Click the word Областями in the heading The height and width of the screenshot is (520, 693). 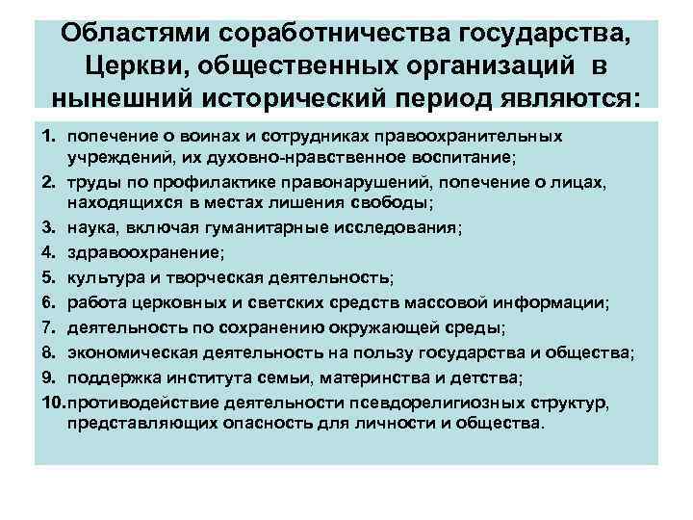pos(129,33)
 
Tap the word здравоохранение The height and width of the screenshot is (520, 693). pos(144,253)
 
